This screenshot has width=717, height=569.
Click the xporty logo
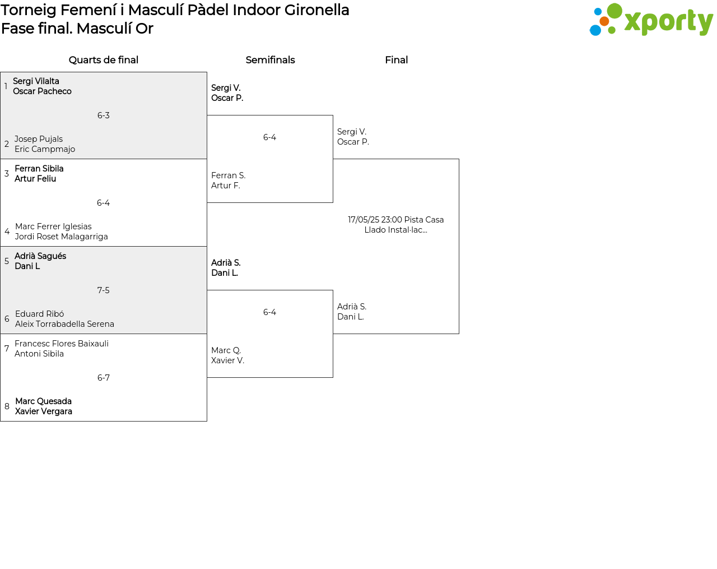651,20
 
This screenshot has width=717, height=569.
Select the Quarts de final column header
103,60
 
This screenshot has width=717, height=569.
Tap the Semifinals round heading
270,60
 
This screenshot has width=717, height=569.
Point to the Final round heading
396,60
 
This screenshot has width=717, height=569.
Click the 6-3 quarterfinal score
103,115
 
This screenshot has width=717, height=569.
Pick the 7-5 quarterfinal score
103,290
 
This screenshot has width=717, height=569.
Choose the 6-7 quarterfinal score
103,377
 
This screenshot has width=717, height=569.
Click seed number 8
7,406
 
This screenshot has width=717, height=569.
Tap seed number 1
6,86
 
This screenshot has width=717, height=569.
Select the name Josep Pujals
38,139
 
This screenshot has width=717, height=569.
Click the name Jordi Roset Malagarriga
61,237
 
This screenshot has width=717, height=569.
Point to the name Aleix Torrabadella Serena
64,324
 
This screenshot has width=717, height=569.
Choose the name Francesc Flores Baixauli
62,344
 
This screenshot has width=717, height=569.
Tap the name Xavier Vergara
44,411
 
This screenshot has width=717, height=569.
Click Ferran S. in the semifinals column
228,175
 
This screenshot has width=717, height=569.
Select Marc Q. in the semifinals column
226,350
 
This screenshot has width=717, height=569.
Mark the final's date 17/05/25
363,220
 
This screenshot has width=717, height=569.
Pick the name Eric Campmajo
45,149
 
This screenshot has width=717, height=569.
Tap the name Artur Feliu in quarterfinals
35,179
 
